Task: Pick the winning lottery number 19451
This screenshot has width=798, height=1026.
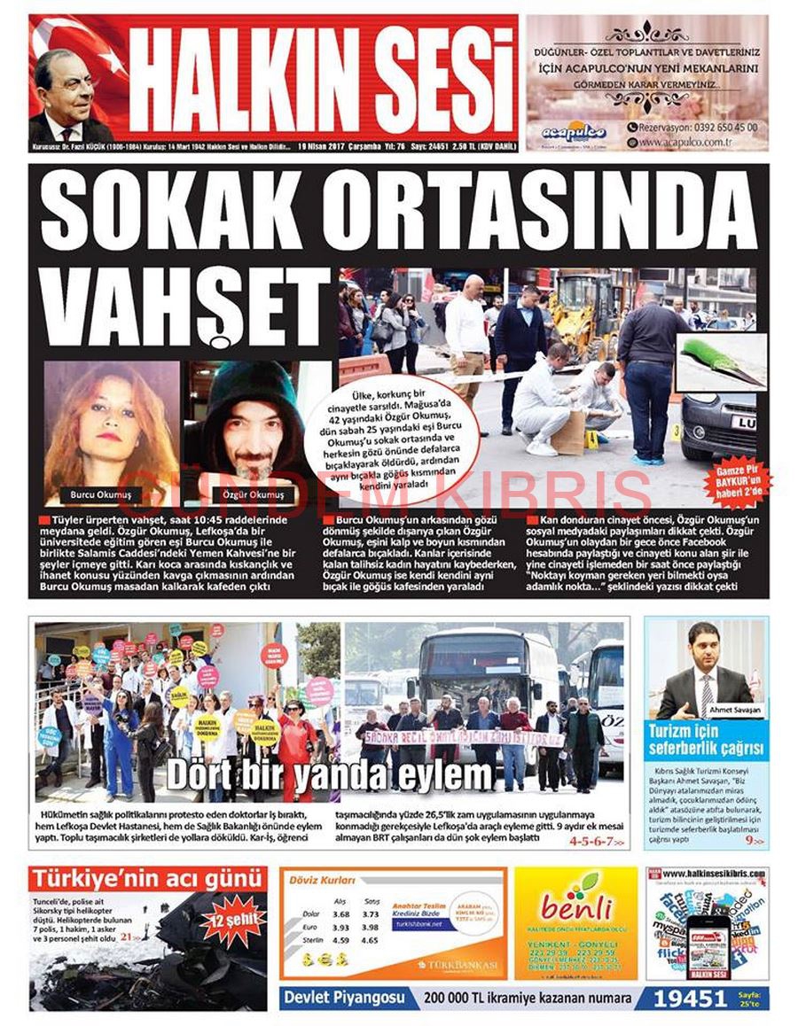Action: click(690, 999)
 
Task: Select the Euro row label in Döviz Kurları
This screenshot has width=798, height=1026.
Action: click(310, 927)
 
